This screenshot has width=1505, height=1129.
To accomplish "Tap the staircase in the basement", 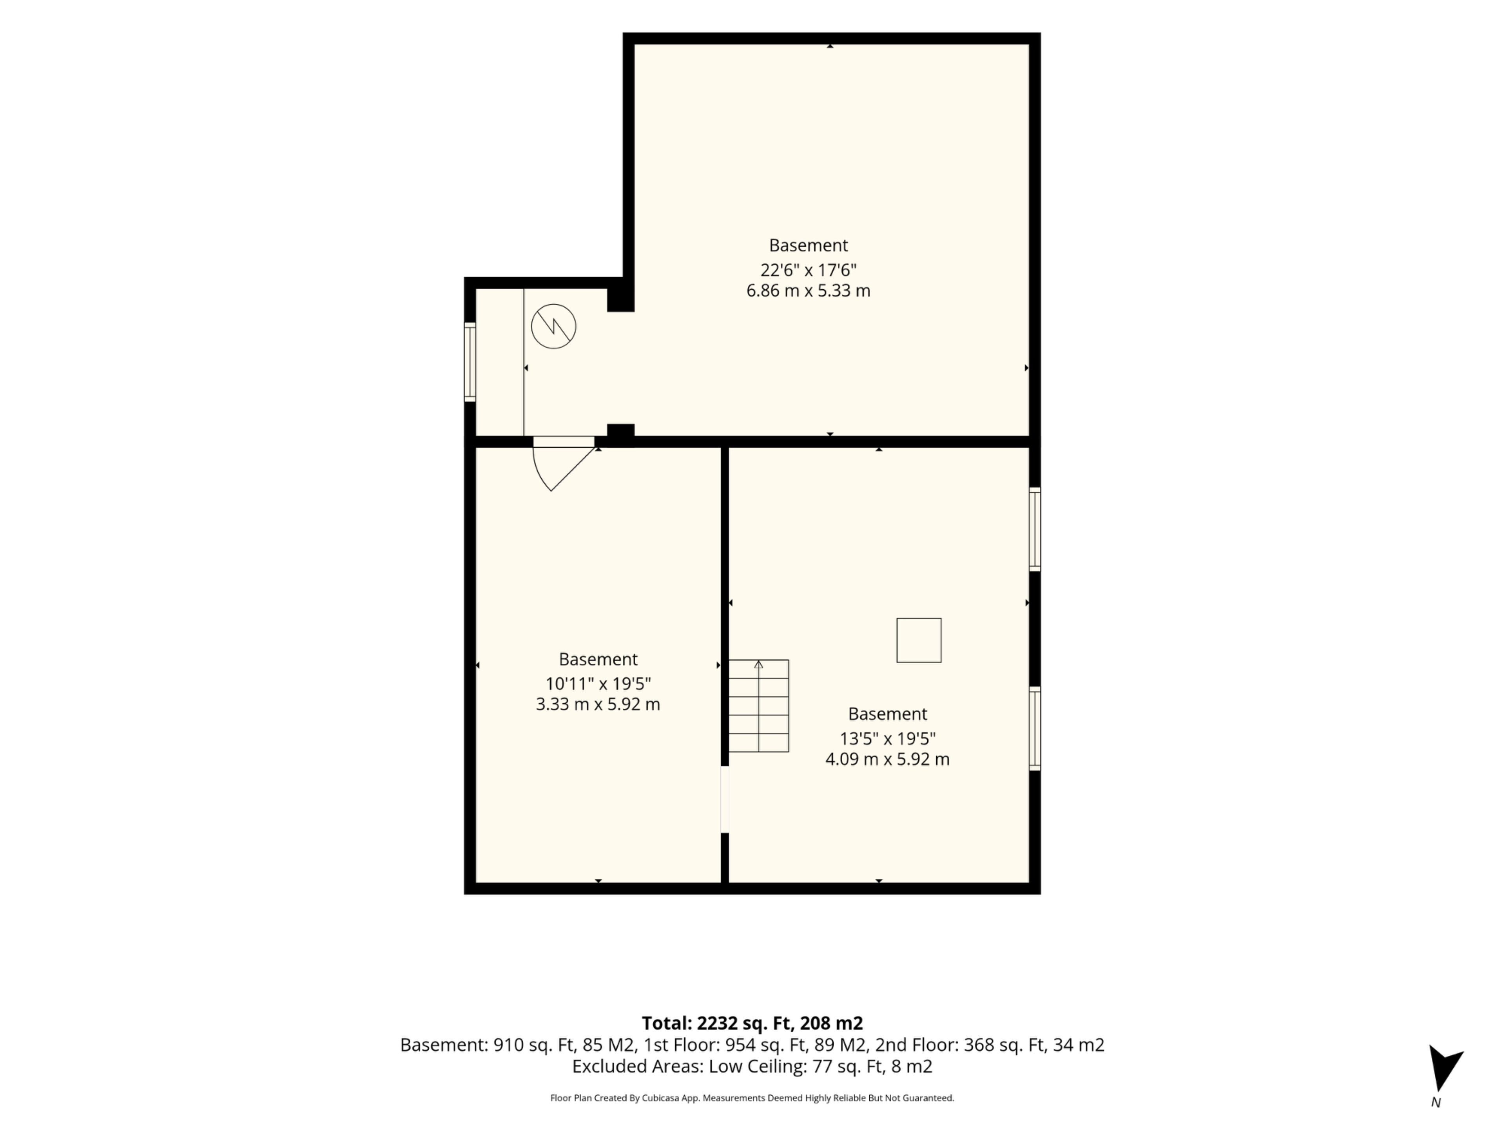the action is click(759, 706).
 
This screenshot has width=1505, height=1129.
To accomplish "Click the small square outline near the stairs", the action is click(919, 641).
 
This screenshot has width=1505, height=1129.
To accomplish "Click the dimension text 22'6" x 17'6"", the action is click(808, 270).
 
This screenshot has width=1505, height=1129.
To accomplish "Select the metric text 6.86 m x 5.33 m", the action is click(808, 290).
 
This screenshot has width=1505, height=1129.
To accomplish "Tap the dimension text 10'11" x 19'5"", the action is click(598, 684).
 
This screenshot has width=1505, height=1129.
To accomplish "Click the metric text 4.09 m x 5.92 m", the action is click(887, 759).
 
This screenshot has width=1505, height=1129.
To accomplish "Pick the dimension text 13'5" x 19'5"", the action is click(887, 739).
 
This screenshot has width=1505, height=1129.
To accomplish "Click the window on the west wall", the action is click(470, 362).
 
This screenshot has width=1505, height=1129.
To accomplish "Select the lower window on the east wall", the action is click(1034, 729).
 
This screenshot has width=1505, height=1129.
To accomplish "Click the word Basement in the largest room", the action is click(808, 245).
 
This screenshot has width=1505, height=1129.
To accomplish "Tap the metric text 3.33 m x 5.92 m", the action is click(598, 704).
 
